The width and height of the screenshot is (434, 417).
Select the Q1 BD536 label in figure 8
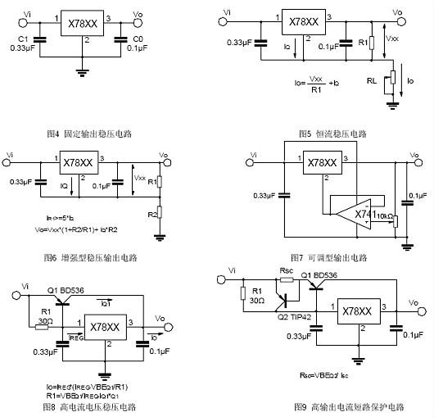tap(62, 290)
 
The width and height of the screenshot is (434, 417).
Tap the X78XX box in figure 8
tap(106, 326)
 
